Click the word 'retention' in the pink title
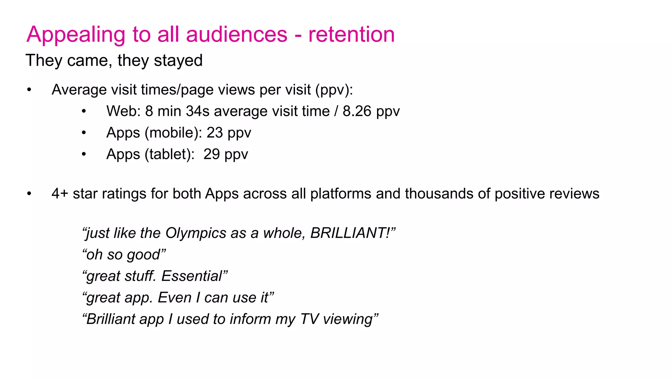tap(351, 34)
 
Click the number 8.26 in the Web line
tap(357, 111)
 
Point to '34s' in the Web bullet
tap(198, 111)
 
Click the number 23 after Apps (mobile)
tap(215, 133)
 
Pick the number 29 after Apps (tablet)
tap(212, 154)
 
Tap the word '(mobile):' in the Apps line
tap(173, 133)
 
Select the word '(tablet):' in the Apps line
tap(170, 154)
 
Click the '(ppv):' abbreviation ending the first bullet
tap(334, 90)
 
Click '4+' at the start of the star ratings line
tap(60, 194)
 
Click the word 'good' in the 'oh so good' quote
tap(146, 255)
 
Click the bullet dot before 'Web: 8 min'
tap(84, 112)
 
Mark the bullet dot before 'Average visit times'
tap(29, 90)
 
